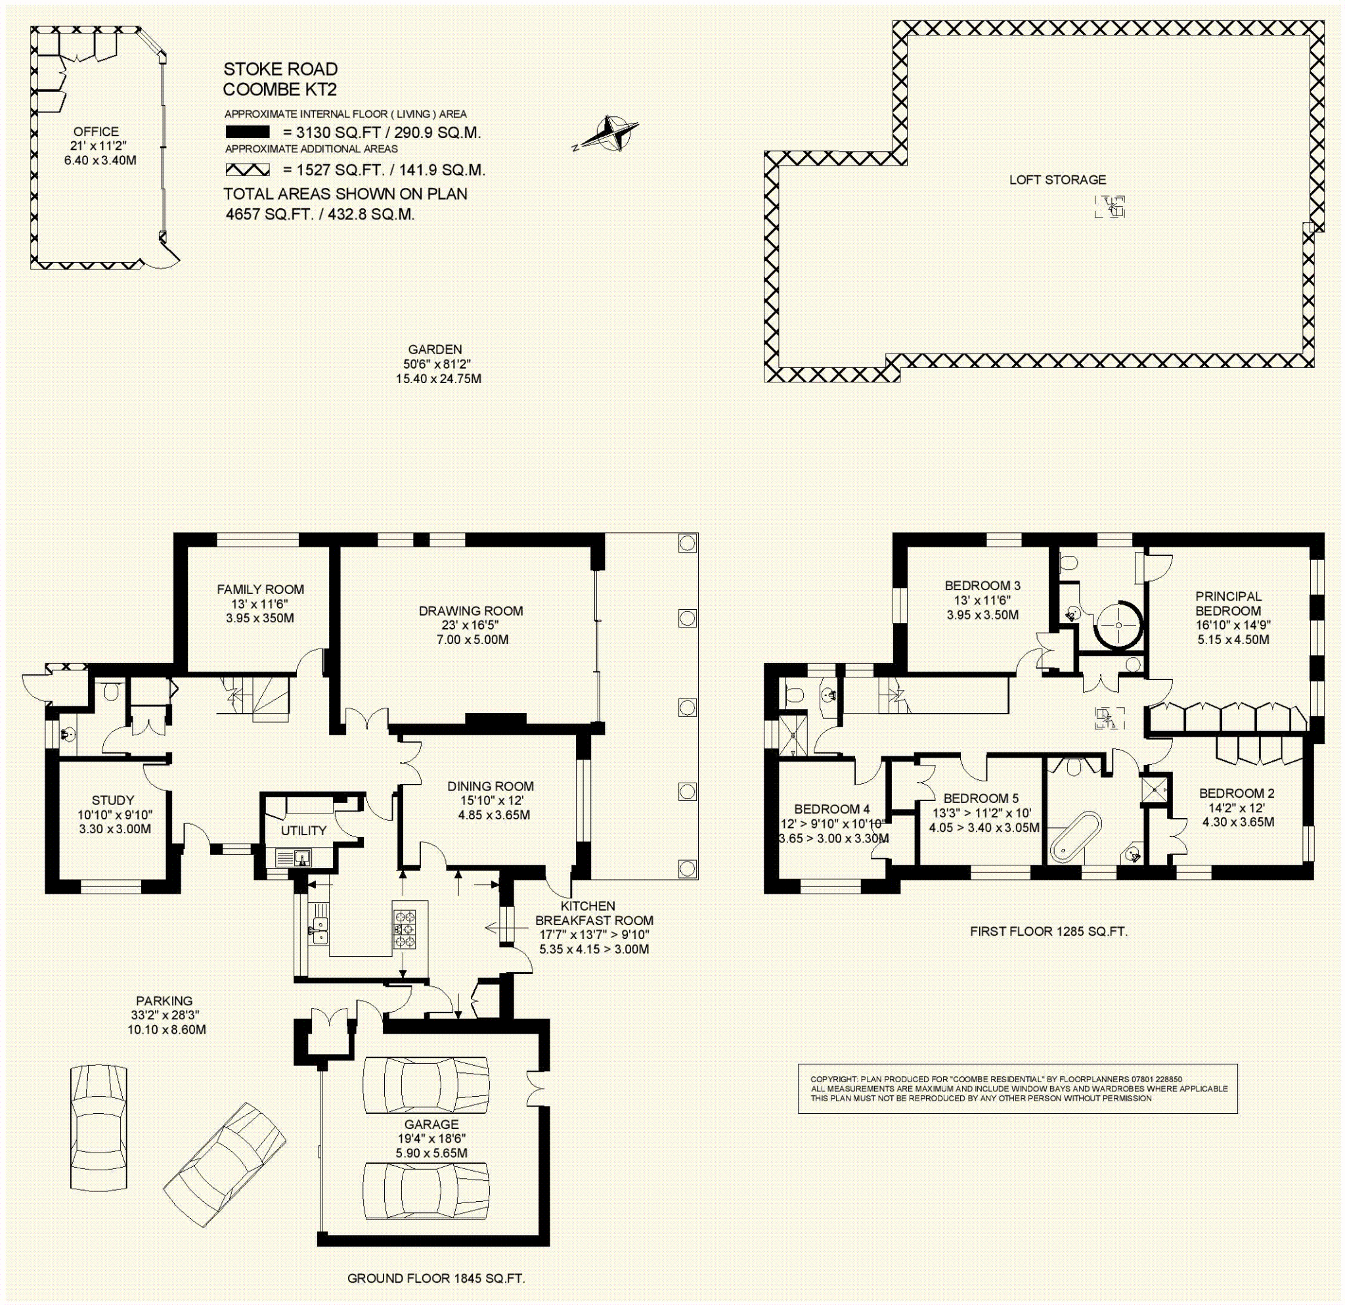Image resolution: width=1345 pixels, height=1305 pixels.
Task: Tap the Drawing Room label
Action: coord(471,610)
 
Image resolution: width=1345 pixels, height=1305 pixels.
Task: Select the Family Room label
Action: coord(260,589)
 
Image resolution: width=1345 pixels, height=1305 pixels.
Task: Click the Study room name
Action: coord(113,800)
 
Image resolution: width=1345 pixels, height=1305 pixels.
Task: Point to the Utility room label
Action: coord(304,831)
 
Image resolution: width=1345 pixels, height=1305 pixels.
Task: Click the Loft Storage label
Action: coord(1057,180)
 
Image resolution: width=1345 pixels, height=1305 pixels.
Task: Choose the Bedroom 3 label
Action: coord(982,585)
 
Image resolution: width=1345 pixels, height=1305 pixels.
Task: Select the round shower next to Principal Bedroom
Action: coord(1119,626)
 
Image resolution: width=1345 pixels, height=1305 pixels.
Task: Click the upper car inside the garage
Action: coord(426,1086)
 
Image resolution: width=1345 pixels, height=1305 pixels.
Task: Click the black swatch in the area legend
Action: coord(247,133)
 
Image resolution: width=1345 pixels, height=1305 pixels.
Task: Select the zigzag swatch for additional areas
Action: coord(247,170)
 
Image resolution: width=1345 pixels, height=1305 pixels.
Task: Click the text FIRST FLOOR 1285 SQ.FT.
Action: coord(1049,932)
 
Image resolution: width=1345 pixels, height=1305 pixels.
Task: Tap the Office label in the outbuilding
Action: coord(96,131)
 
